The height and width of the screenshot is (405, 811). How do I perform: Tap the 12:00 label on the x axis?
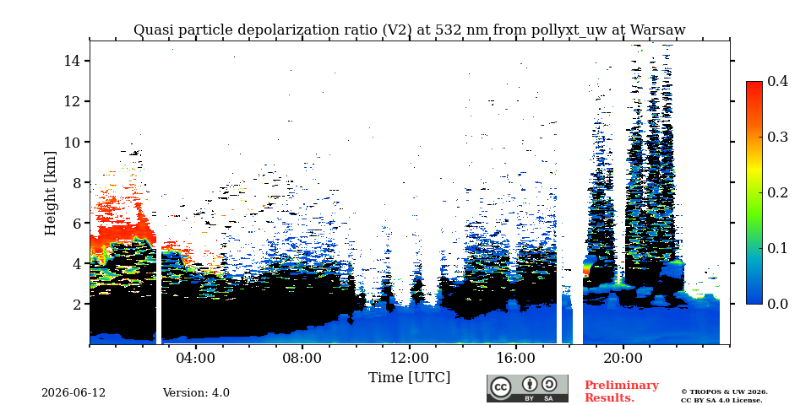(410, 358)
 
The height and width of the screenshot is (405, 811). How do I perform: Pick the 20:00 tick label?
(623, 358)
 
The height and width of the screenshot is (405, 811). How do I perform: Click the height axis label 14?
(73, 61)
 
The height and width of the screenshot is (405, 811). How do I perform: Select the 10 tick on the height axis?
(73, 142)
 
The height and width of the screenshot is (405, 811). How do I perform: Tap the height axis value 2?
(77, 305)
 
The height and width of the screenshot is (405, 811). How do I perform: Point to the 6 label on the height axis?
(77, 223)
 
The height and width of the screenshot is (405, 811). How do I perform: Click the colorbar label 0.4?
(777, 81)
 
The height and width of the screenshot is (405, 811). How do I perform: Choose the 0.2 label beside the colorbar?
(777, 192)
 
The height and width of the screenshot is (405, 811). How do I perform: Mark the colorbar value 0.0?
(777, 304)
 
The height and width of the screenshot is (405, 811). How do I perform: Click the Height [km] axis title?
(50, 193)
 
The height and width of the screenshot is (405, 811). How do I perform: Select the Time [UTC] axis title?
(409, 378)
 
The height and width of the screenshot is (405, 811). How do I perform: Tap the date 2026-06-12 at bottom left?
(73, 393)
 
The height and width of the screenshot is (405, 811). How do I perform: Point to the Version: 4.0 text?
(196, 393)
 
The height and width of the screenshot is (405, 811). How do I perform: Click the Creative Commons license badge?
(527, 388)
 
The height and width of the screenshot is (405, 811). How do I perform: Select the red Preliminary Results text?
(622, 391)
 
